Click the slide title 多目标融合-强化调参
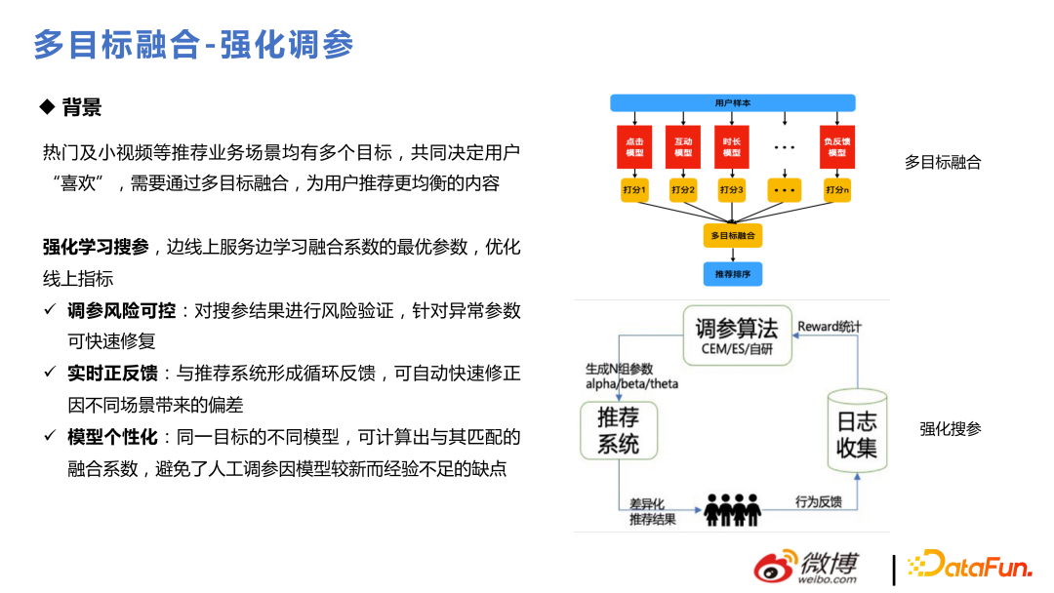[x=193, y=45]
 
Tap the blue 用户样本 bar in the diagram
[x=732, y=102]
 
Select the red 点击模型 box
[x=634, y=146]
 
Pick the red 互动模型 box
[x=683, y=146]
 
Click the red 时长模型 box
[x=732, y=146]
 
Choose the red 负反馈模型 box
[x=836, y=146]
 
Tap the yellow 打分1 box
[x=634, y=190]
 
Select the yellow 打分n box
[x=836, y=190]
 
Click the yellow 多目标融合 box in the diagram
[x=732, y=236]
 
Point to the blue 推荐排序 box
[x=732, y=274]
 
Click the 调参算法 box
[x=737, y=335]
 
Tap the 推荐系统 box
[x=618, y=430]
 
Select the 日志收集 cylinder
[x=857, y=433]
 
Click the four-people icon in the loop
[x=732, y=508]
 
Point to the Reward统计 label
[x=830, y=326]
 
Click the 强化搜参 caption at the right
[x=950, y=428]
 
